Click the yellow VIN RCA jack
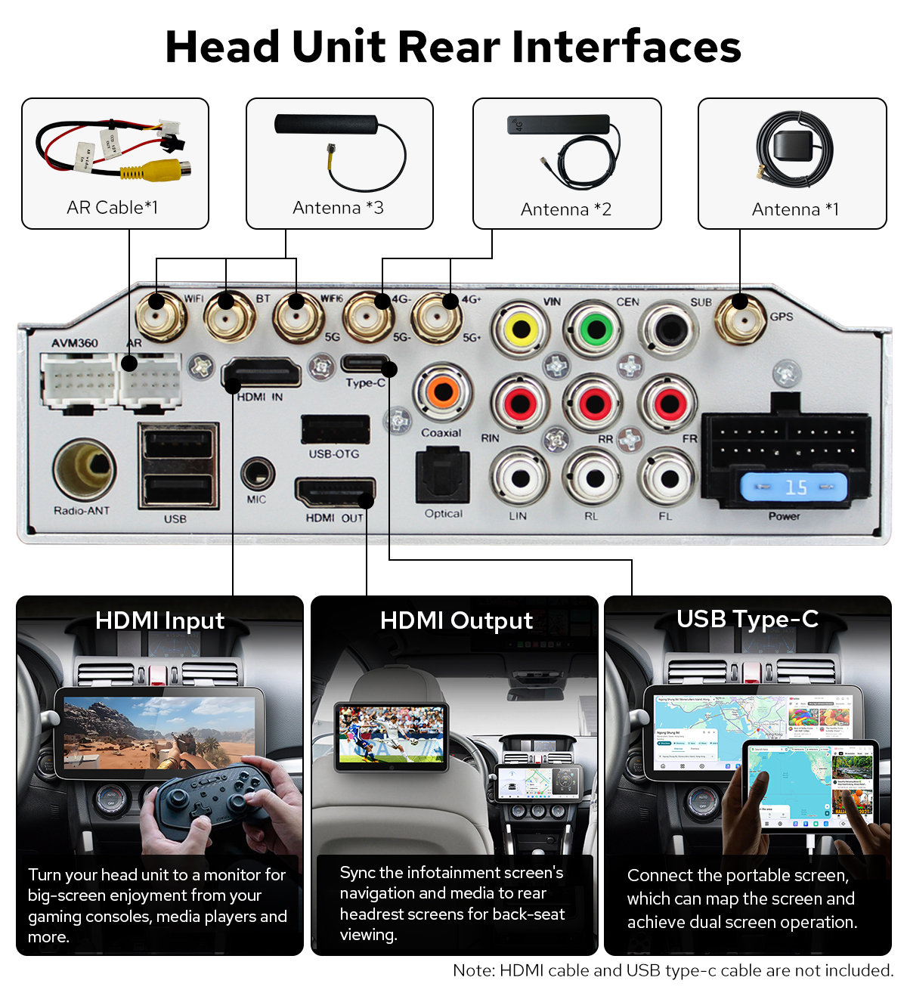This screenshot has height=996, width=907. [x=521, y=329]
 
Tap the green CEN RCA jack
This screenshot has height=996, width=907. [x=596, y=329]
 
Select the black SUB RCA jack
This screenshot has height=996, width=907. [x=669, y=329]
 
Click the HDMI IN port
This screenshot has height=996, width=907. [x=262, y=373]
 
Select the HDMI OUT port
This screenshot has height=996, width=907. [x=335, y=493]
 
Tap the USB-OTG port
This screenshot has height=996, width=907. [x=335, y=429]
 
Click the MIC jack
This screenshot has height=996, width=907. [x=257, y=475]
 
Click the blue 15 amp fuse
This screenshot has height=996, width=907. [x=793, y=487]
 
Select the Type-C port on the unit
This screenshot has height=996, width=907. [x=366, y=363]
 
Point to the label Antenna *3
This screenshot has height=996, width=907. [x=338, y=208]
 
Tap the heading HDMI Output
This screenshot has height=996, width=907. [x=456, y=620]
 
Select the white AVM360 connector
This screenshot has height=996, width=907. [x=77, y=380]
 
